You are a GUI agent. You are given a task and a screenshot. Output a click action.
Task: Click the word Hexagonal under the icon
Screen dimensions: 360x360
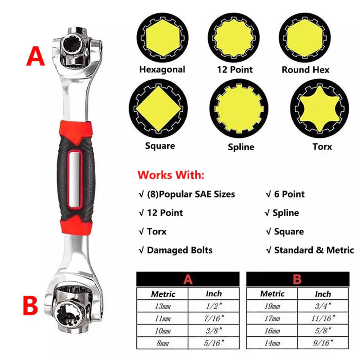pyautogui.click(x=162, y=69)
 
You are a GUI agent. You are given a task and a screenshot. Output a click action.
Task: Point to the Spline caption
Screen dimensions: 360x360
pyautogui.click(x=241, y=147)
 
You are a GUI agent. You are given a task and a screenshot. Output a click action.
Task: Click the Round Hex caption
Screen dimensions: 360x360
pyautogui.click(x=305, y=69)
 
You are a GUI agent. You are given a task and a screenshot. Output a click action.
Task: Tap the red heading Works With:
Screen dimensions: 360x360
pyautogui.click(x=171, y=175)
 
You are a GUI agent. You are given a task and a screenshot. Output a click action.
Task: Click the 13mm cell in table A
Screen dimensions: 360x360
pyautogui.click(x=163, y=307)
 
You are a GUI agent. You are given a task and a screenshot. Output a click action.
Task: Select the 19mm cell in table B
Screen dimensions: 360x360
pyautogui.click(x=272, y=307)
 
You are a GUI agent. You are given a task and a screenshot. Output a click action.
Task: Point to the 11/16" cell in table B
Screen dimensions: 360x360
pyautogui.click(x=323, y=319)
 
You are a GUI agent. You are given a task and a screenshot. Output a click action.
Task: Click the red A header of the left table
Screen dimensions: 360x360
pyautogui.click(x=188, y=280)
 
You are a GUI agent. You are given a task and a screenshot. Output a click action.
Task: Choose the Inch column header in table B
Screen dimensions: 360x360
pyautogui.click(x=323, y=294)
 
